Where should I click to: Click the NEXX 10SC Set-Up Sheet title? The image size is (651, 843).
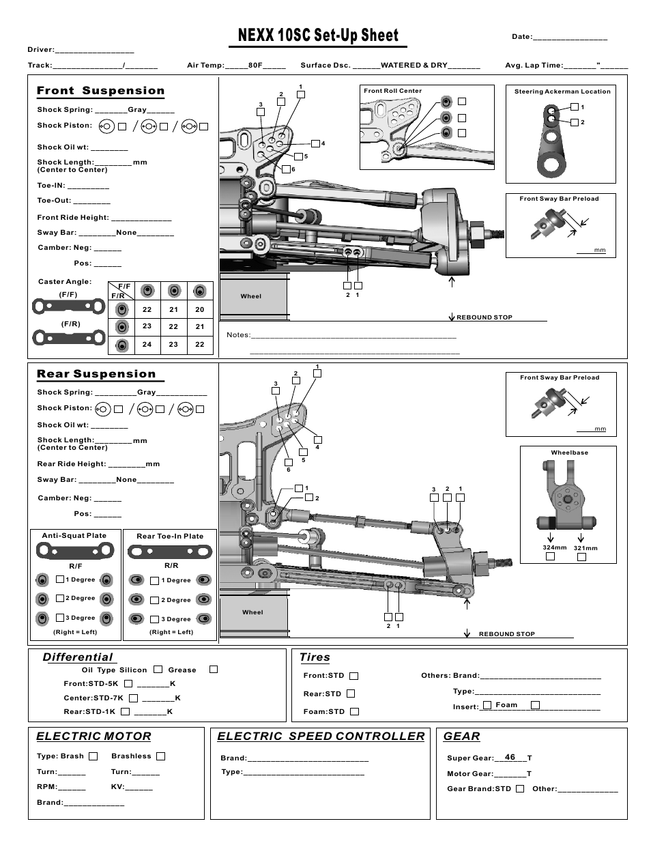coord(318,35)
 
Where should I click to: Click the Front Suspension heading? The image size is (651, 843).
coord(100,91)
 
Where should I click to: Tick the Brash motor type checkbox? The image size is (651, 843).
coord(93,756)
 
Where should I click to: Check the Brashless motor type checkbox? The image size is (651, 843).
coord(161,756)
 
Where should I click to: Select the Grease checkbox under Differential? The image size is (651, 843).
coord(214,670)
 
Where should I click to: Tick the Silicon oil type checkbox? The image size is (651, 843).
coord(158,670)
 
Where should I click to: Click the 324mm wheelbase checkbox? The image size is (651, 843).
coord(551,556)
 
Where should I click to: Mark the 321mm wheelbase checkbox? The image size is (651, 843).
coord(581,557)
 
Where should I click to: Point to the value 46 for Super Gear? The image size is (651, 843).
coord(510,757)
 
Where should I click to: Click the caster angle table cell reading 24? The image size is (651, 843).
coord(147,345)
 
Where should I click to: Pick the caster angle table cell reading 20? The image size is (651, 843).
coord(199,309)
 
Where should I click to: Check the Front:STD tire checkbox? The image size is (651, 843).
coord(353,676)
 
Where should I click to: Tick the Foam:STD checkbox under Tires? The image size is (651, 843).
coord(354,711)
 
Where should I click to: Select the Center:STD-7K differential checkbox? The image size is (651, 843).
coord(133,698)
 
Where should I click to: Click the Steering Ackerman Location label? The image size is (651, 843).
coord(562,91)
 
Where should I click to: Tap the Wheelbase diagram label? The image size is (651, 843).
coord(569,453)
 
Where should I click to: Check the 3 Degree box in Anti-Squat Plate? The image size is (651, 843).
coord(60,617)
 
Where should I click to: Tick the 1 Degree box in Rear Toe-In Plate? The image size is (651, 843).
coord(155,580)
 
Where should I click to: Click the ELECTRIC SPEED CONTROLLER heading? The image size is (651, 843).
coord(321,736)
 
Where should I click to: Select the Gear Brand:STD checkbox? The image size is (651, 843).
coord(520,788)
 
